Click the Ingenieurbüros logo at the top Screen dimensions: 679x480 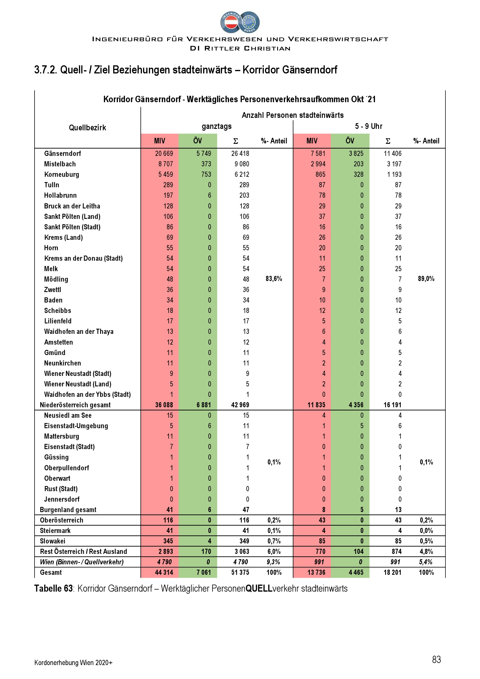coord(240,22)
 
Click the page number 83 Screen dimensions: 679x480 coord(436,659)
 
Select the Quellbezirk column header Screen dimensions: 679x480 coord(87,128)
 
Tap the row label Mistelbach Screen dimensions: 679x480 coord(60,164)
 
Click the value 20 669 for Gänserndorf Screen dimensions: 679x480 coord(164,154)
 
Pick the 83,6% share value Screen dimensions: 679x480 coord(274,279)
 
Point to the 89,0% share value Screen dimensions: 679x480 coord(426,279)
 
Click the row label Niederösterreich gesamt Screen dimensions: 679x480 coord(75,405)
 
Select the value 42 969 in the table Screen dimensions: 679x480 coord(240,405)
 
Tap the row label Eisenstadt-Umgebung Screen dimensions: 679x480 coord(76,426)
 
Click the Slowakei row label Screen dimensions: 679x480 coord(52,541)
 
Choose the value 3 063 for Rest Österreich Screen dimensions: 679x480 coord(240,552)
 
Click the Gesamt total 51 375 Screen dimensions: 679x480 coord(240,572)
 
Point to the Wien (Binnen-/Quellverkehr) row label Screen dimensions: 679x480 coord(82,562)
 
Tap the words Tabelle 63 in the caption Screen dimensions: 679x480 coord(53,588)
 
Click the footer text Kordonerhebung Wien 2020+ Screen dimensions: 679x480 coord(73,662)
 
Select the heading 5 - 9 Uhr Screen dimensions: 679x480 coord(369,126)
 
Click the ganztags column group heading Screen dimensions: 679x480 coord(217,126)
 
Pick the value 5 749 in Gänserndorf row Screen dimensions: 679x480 coord(204,154)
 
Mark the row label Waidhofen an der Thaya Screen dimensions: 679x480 coord(79,332)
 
